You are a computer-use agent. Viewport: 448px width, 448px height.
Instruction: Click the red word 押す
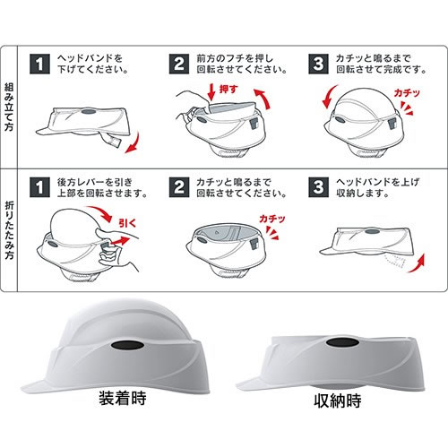click(228, 89)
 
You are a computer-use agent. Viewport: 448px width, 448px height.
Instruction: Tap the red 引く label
click(127, 223)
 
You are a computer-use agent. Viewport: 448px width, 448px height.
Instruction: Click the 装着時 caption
click(123, 398)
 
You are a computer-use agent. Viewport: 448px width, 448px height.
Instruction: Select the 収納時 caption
click(338, 401)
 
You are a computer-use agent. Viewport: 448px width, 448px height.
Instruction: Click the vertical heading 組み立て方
click(9, 107)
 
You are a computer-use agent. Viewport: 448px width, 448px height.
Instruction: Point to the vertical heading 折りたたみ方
click(9, 230)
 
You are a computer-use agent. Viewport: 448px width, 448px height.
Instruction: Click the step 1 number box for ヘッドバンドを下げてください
click(39, 64)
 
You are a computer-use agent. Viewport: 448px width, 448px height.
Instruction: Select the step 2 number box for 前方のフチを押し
click(179, 64)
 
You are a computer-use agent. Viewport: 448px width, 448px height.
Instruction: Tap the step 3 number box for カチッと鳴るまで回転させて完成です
click(318, 64)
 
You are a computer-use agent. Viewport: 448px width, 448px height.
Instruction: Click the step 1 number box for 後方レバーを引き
click(39, 187)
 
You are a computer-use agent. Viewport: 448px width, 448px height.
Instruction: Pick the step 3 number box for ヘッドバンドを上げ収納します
click(318, 187)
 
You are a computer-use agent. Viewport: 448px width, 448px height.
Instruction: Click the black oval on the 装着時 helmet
click(127, 345)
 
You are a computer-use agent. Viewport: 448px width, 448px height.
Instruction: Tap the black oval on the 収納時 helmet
click(343, 343)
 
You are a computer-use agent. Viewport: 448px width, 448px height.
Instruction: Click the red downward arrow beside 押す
click(211, 92)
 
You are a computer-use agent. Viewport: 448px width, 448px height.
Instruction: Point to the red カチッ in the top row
click(407, 93)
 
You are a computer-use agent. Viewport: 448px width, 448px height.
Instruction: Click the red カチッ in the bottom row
click(272, 219)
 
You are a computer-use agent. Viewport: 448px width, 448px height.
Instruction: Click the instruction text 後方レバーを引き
click(95, 182)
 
